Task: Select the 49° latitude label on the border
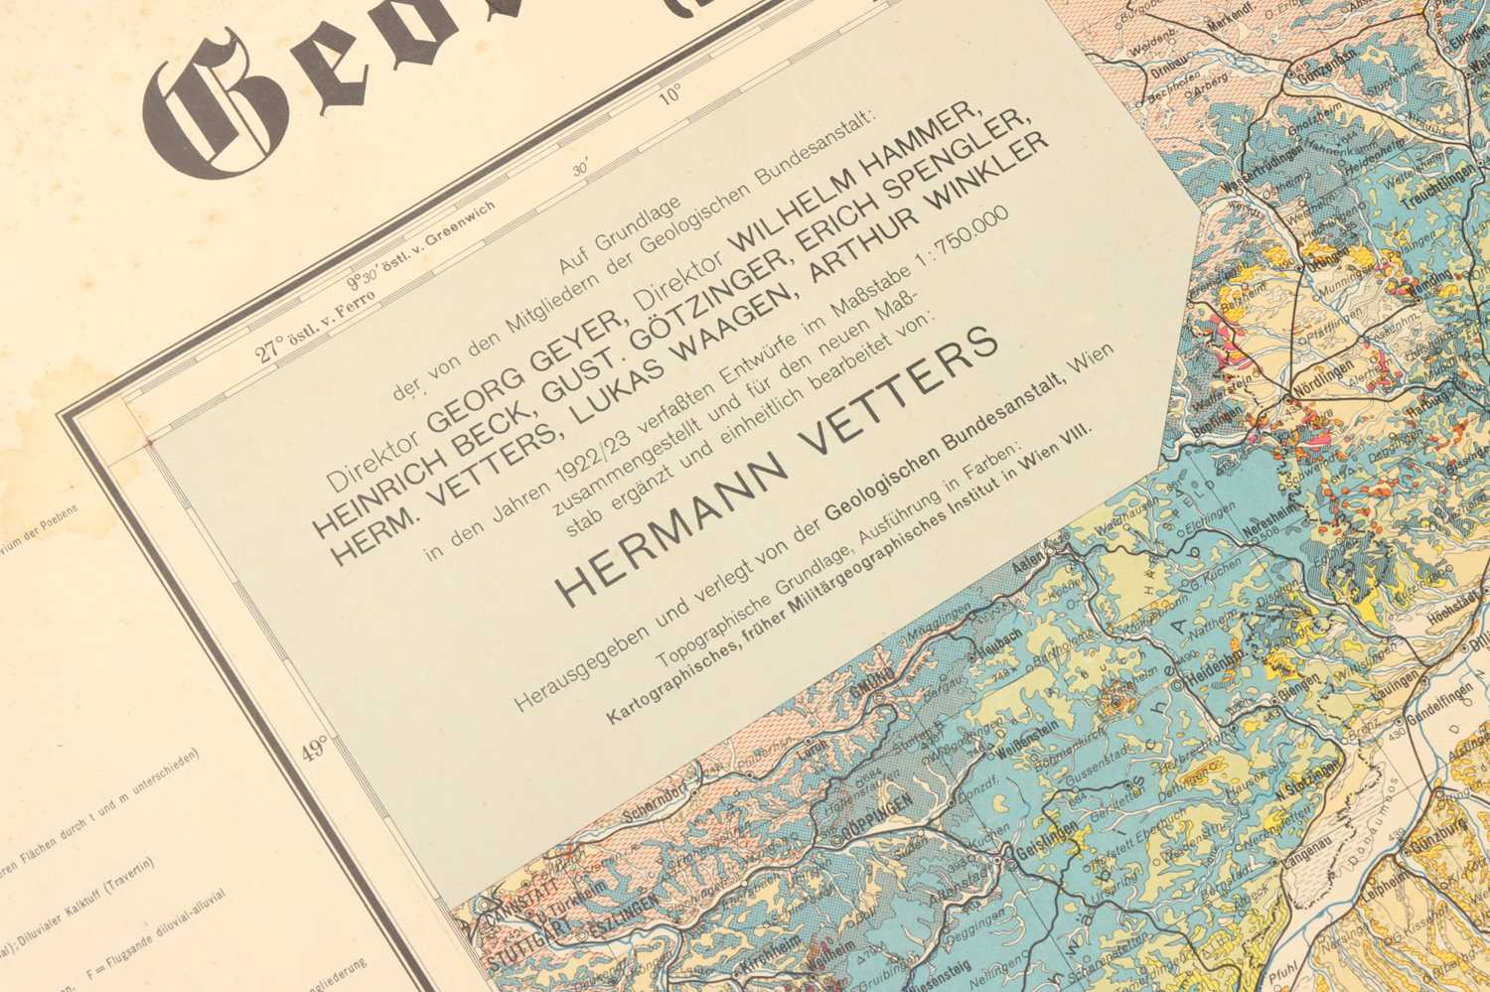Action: point(315,748)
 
